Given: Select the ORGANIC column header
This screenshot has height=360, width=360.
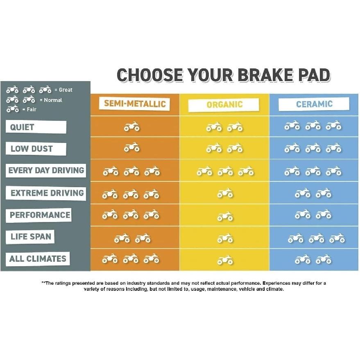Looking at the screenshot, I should tap(224, 105).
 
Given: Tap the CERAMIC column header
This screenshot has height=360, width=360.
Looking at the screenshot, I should tap(314, 104).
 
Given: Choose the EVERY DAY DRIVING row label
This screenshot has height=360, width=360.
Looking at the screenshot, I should tap(46, 170).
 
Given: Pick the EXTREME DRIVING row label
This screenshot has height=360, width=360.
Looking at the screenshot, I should tap(47, 193).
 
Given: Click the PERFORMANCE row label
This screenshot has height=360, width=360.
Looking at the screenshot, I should tap(40, 215).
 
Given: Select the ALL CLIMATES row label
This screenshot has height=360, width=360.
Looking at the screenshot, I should tap(38, 259).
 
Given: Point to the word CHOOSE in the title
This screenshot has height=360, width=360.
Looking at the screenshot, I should tap(150, 75).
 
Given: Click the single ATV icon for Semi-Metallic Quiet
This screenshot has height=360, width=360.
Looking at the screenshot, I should tap(131, 127).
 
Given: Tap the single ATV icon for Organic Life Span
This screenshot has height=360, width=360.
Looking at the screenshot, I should tap(225, 238).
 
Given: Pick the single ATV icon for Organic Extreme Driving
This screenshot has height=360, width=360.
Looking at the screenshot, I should tap(225, 193).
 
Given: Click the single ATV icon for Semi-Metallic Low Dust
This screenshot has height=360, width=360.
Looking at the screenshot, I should tap(131, 147).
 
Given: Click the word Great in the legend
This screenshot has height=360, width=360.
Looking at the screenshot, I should tap(66, 90).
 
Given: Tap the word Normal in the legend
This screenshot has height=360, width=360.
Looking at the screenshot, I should tap(53, 100).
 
